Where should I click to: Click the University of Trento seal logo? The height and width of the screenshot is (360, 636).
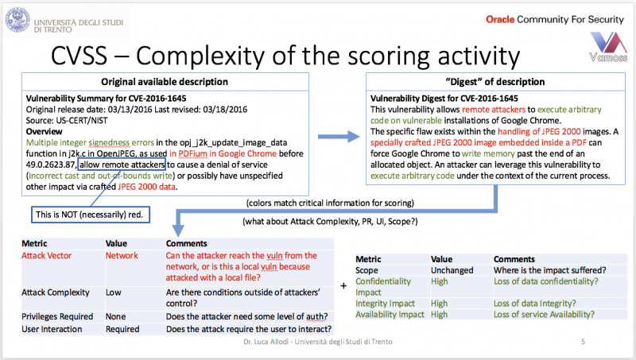tap(17, 20)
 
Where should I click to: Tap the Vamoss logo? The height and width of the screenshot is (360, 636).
tap(608, 47)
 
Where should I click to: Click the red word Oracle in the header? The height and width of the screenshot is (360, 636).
tap(500, 19)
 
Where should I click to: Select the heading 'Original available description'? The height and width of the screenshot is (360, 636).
tap(165, 82)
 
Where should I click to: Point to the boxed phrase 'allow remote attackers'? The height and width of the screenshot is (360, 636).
tap(122, 165)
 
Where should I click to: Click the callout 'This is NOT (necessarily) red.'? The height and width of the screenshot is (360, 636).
tap(90, 215)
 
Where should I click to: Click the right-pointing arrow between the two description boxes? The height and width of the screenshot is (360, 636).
tap(339, 137)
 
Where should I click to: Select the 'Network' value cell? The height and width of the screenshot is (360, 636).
tap(122, 255)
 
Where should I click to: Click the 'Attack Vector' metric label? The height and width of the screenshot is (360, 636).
tap(46, 255)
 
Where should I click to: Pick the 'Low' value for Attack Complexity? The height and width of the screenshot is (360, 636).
tap(114, 292)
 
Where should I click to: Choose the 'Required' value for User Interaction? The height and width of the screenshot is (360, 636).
tap(122, 329)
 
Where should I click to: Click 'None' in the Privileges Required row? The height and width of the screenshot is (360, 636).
tap(115, 316)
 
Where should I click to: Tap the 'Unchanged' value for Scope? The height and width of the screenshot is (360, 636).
tap(452, 270)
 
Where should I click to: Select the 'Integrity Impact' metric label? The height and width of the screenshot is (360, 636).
tap(385, 304)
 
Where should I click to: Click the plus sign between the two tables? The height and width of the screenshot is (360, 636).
tap(343, 286)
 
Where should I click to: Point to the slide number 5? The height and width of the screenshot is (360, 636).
tap(583, 342)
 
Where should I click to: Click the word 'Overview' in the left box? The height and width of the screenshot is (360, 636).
tap(45, 132)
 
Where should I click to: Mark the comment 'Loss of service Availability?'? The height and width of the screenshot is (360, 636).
tap(544, 315)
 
